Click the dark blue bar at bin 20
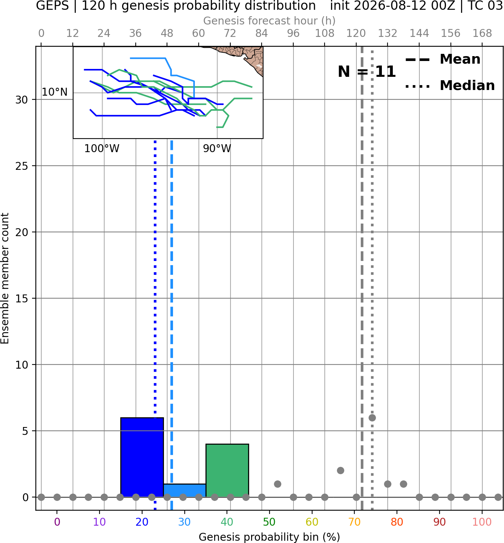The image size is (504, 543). pos(142,457)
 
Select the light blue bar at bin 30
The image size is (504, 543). pos(184,491)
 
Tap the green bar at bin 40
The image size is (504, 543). pos(227,471)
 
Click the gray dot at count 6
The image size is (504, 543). pos(372,418)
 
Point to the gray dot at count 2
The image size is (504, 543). pos(340,471)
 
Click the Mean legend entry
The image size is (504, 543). pos(443,59)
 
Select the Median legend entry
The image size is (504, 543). pos(450,85)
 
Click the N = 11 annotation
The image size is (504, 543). pos(367,72)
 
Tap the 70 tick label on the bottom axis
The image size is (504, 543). pos(354,522)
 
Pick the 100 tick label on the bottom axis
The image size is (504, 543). pos(482,522)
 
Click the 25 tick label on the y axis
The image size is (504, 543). pos(21,166)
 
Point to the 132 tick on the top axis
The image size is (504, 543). pos(388,34)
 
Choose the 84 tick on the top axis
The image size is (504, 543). pos(262,34)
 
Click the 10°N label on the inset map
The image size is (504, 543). pos(55,92)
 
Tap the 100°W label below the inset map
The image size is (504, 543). pos(102,149)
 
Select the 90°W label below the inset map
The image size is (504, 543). pos(217,149)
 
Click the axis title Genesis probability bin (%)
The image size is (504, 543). pos(270,537)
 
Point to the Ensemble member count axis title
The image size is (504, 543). pos(5,278)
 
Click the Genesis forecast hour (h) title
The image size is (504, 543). pos(270,21)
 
